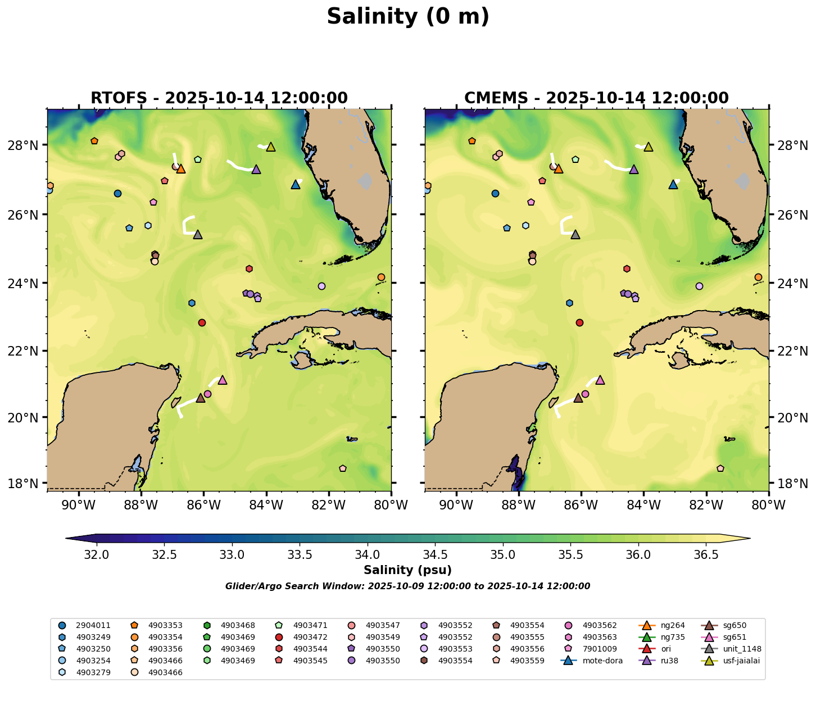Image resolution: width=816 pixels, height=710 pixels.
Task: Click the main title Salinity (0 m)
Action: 408,17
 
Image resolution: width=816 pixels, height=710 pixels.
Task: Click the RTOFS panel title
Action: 219,98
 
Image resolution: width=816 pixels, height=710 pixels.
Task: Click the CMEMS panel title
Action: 596,98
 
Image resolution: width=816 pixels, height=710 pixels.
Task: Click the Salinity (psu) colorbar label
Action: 407,570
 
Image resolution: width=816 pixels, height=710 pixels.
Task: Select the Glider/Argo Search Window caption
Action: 407,586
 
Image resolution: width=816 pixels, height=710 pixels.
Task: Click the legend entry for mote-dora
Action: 602,661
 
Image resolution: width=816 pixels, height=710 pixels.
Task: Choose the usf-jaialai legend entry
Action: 741,661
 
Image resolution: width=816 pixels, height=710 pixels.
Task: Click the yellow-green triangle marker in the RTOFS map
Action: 271,147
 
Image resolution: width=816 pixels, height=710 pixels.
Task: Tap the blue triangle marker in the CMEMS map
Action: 673,185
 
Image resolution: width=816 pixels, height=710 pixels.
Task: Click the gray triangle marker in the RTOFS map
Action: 198,235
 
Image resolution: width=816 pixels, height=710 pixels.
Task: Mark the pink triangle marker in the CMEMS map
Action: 600,380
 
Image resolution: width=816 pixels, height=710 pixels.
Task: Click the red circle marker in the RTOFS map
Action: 202,322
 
